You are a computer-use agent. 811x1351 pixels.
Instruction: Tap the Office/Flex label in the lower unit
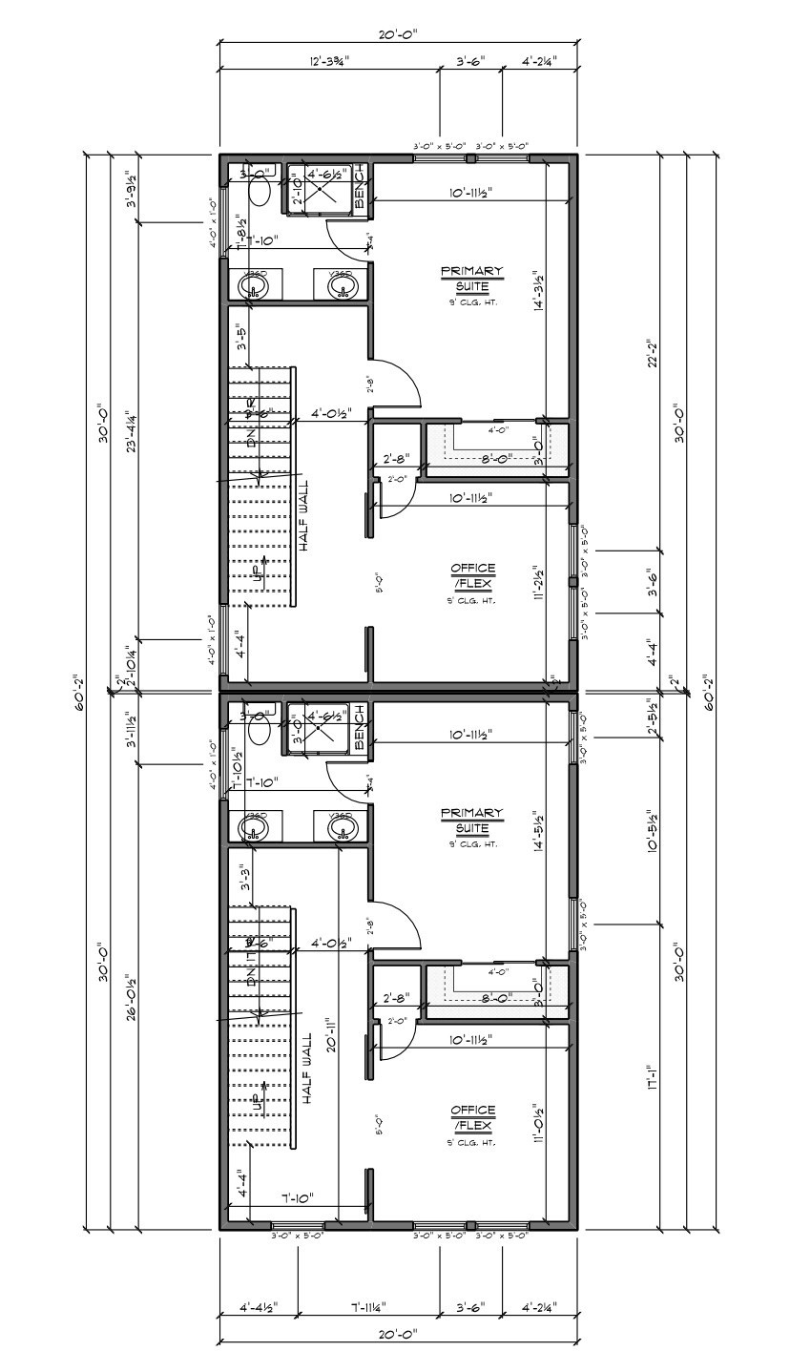pyautogui.click(x=472, y=1119)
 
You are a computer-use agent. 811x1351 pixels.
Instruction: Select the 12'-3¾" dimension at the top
pyautogui.click(x=329, y=61)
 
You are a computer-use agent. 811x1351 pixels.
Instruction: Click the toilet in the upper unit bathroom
pyautogui.click(x=259, y=190)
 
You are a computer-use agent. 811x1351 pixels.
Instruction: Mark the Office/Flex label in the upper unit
pyautogui.click(x=472, y=576)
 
